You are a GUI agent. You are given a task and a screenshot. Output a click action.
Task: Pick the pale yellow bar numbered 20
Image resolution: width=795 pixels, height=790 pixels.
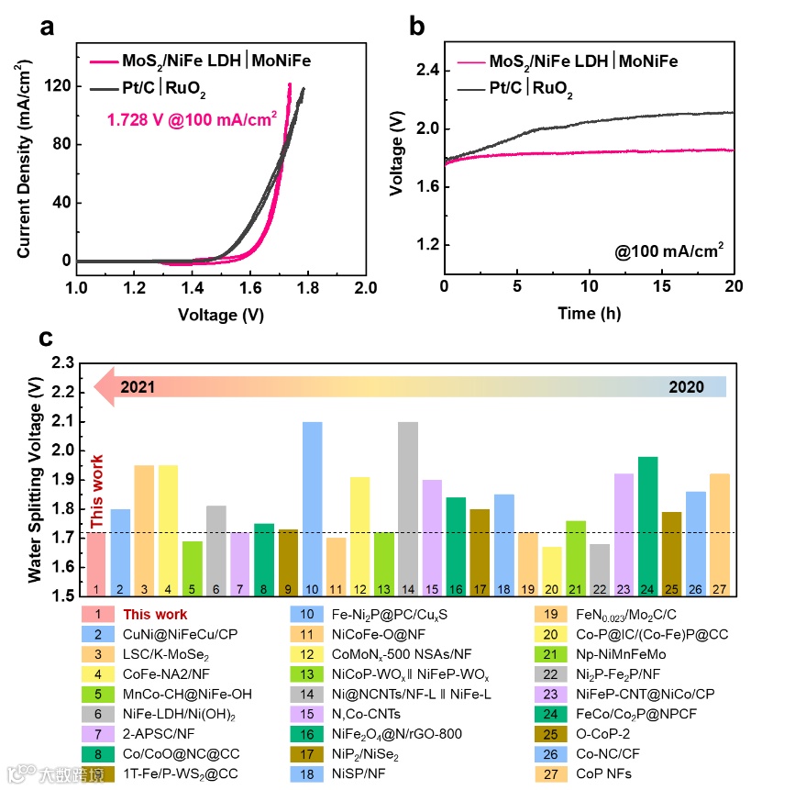(x=552, y=569)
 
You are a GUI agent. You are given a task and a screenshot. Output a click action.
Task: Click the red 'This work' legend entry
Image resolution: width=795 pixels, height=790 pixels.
(x=155, y=615)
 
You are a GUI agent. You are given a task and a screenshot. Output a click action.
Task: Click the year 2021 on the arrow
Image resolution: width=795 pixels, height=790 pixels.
(x=138, y=386)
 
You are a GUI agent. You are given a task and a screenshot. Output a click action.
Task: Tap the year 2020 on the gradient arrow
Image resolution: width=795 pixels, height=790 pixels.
(x=686, y=386)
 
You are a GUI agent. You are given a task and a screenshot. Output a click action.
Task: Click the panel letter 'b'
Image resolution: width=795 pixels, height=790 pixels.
(x=415, y=27)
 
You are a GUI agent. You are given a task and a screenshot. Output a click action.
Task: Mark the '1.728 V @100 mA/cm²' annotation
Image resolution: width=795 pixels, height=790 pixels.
(x=192, y=119)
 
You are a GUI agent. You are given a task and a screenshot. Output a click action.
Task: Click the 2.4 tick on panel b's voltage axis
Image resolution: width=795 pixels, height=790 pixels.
(x=426, y=71)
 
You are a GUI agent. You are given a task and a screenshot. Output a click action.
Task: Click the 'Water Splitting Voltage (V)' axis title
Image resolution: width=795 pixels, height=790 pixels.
(x=34, y=481)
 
